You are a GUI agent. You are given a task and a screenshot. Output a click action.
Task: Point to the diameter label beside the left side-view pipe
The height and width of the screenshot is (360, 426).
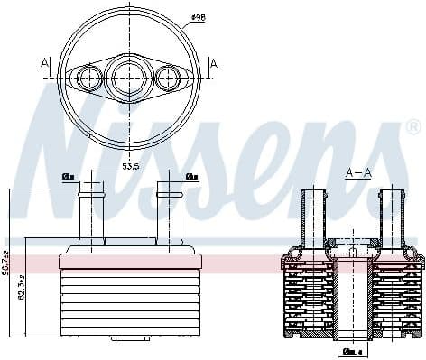pyautogui.click(x=68, y=176)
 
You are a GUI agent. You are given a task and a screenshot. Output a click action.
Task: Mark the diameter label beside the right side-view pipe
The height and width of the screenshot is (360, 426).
pyautogui.click(x=191, y=176)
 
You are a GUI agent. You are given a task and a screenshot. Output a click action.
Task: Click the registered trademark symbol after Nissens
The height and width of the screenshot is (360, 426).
pyautogui.click(x=413, y=125)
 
